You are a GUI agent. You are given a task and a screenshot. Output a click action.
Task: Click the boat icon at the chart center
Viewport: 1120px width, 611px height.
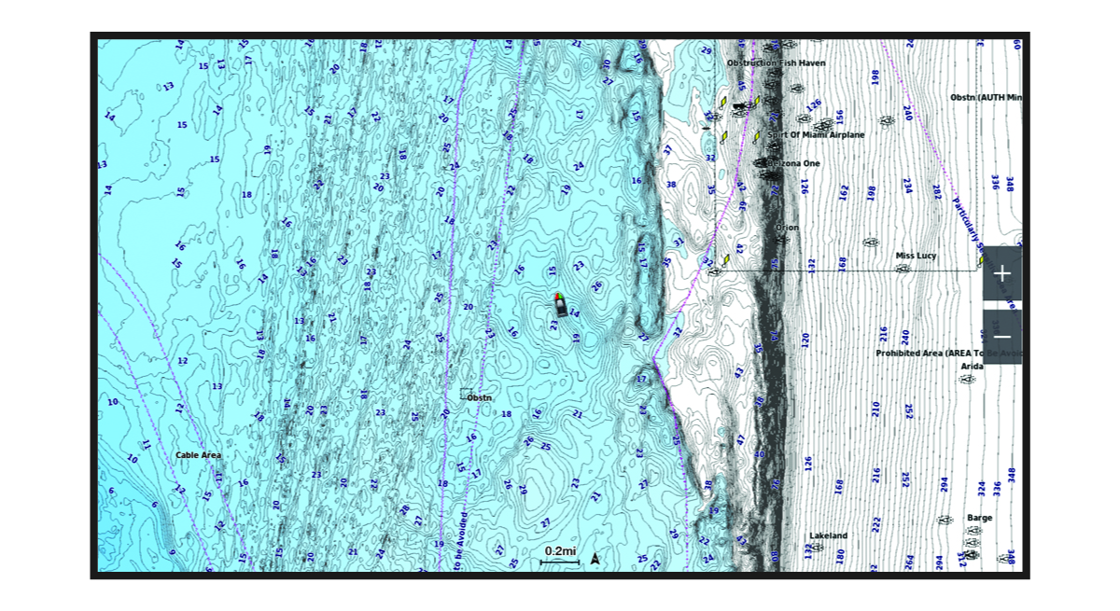point(559,304)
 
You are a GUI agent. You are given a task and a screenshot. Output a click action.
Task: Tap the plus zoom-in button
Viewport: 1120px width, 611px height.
point(1001,273)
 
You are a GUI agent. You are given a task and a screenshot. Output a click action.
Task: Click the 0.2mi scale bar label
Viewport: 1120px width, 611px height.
point(560,551)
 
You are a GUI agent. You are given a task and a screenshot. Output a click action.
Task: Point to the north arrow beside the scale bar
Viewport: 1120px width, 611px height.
point(595,559)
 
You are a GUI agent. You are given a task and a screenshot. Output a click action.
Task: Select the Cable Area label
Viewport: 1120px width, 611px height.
point(199,455)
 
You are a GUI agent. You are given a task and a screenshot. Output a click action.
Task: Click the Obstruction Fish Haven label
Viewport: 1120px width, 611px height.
point(776,63)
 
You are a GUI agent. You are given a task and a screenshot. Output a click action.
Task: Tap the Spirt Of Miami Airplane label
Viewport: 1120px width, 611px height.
point(815,135)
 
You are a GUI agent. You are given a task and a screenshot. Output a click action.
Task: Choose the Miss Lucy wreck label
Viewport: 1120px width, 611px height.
point(916,256)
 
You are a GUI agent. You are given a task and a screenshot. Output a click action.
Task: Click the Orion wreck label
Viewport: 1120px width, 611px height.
point(787,227)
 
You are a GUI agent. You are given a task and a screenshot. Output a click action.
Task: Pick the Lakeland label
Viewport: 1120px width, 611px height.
point(828,535)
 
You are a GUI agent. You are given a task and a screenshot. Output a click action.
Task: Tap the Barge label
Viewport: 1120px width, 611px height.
point(980,518)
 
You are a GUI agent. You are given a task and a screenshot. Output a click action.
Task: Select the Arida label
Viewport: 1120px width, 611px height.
point(972,367)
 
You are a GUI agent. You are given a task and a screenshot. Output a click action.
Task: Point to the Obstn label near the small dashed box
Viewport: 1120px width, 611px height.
point(479,397)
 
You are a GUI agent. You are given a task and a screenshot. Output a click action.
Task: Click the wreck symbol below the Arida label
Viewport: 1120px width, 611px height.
point(969,380)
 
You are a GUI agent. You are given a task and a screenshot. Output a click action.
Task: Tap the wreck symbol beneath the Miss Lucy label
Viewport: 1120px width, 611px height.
point(902,269)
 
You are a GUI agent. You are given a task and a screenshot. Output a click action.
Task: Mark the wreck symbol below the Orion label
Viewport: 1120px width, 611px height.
point(783,240)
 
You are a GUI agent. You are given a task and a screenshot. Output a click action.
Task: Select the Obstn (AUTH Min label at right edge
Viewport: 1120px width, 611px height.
point(986,97)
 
